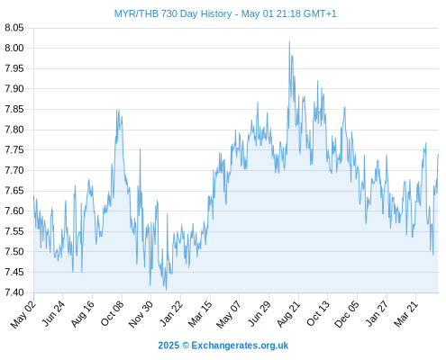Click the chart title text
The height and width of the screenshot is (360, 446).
225,13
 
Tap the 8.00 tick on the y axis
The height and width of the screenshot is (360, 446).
14,48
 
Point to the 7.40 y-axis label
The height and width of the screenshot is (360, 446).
14,292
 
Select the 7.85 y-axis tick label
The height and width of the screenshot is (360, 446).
14,109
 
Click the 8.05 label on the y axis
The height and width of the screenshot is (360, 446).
14,28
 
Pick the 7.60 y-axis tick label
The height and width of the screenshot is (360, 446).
14,211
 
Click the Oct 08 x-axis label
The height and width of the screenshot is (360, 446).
112,313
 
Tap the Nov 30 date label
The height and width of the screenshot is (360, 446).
141,314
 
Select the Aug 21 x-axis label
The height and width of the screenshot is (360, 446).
288,313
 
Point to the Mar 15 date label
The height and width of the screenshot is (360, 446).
200,313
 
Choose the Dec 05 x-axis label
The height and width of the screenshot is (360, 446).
347,314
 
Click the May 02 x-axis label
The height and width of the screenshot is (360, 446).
23,314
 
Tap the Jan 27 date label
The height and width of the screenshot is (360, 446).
377,313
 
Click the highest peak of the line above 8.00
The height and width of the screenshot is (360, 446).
289,41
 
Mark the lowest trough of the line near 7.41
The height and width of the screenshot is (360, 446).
166,290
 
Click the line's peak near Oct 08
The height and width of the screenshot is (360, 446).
117,110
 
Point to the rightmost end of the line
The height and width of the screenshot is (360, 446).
438,154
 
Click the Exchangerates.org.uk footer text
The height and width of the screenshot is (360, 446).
240,346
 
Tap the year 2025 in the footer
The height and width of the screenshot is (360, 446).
168,346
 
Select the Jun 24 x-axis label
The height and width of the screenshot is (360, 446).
53,313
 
